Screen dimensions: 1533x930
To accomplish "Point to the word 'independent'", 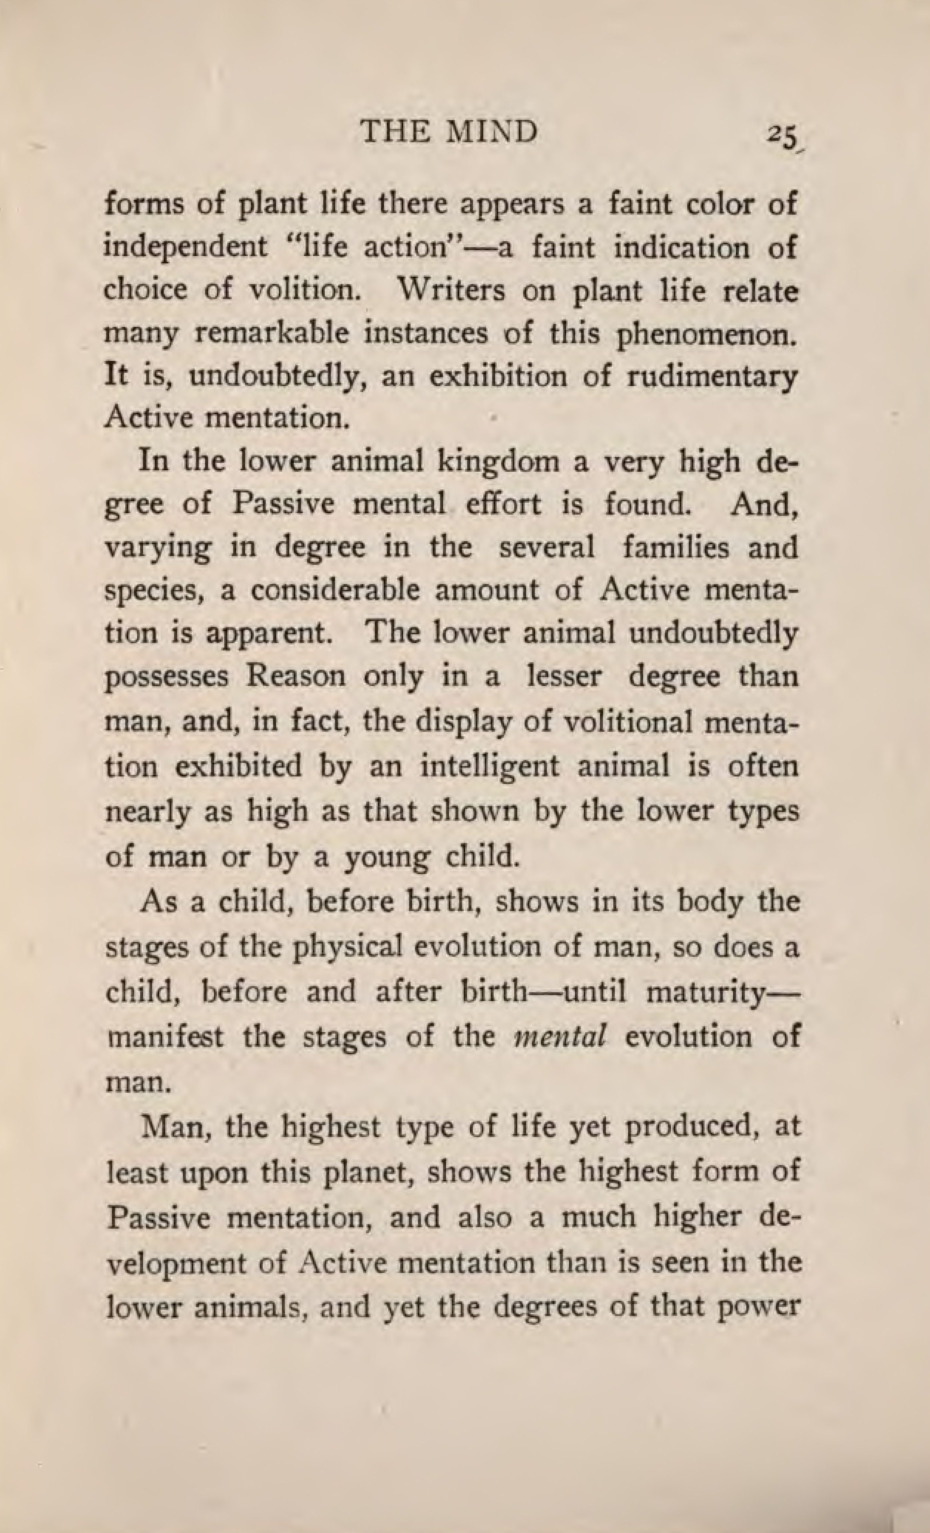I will [x=185, y=247].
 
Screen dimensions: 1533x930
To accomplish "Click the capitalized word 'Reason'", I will [x=295, y=676].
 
